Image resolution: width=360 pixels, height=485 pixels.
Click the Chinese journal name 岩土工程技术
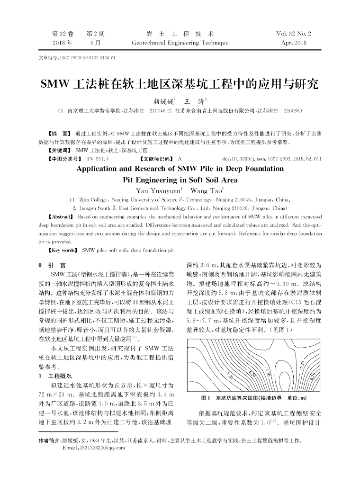180,34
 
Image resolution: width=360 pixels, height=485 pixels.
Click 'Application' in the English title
103,169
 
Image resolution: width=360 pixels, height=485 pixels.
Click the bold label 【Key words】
63,249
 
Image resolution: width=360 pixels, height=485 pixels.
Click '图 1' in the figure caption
206,397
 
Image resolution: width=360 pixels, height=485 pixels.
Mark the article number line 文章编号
76,59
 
